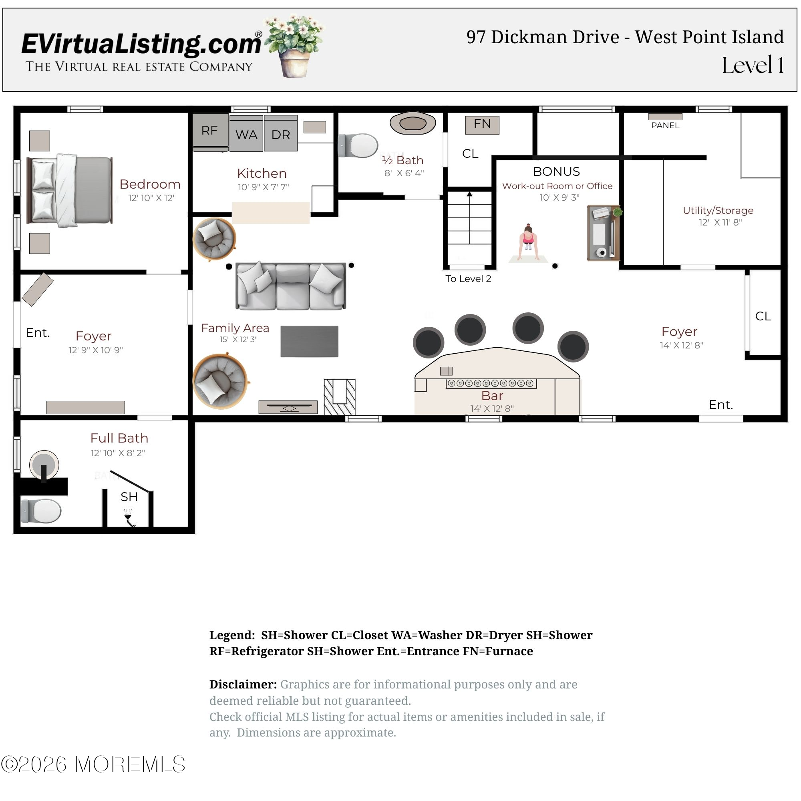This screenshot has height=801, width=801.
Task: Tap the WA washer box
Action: click(246, 133)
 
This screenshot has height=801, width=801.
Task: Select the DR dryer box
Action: click(281, 133)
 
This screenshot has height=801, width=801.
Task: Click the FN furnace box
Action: click(482, 125)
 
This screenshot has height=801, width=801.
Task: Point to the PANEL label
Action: click(665, 125)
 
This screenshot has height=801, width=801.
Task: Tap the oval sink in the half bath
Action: click(413, 123)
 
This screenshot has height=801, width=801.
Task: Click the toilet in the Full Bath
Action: click(41, 511)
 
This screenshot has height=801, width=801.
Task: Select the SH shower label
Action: click(129, 497)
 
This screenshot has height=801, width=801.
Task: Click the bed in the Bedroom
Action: click(70, 190)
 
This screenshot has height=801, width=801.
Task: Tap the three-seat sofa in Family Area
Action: click(291, 286)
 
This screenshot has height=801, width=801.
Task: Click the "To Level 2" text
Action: click(468, 279)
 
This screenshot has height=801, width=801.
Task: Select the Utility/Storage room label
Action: click(718, 210)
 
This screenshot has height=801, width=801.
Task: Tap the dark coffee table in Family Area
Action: click(309, 341)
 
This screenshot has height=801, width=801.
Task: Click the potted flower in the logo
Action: click(294, 46)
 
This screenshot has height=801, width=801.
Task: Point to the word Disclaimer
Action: click(243, 684)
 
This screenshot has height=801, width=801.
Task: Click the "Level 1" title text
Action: click(753, 65)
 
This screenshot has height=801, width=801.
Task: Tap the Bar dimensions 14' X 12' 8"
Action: click(492, 409)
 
